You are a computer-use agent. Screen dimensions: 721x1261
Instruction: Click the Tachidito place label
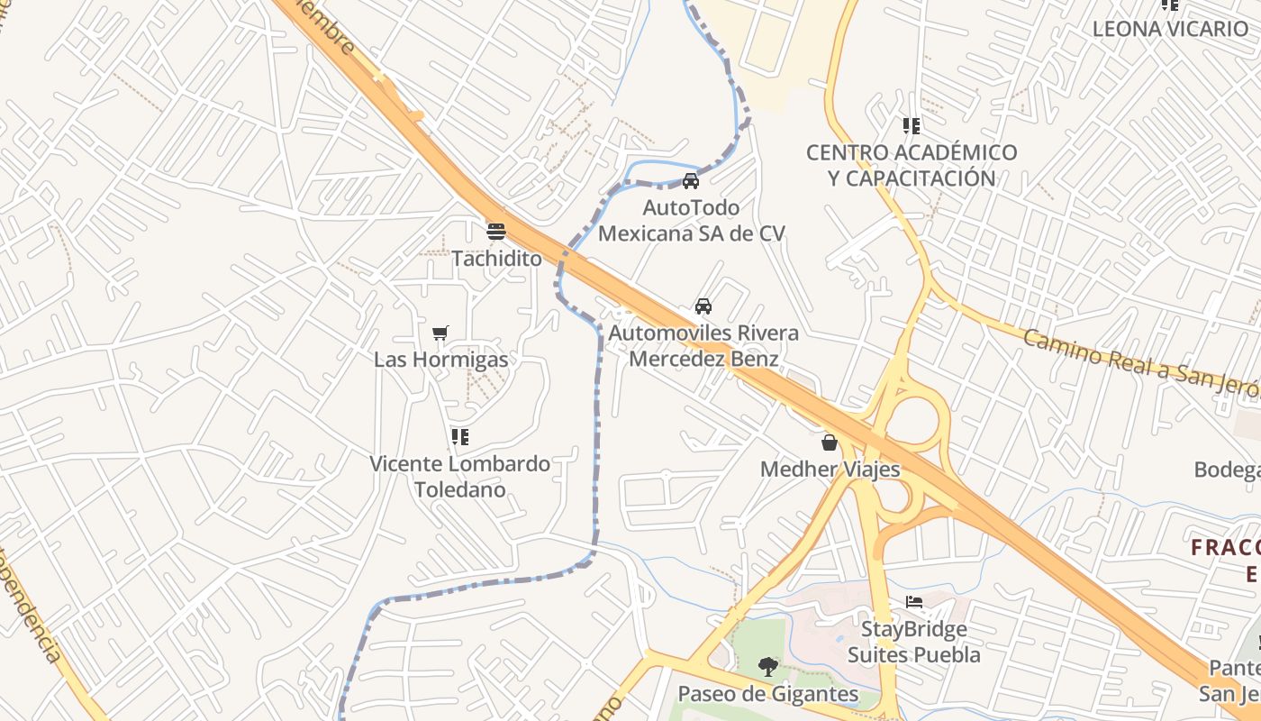click(x=496, y=259)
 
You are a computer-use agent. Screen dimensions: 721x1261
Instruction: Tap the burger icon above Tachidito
click(x=495, y=231)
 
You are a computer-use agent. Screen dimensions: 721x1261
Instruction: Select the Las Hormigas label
click(x=440, y=360)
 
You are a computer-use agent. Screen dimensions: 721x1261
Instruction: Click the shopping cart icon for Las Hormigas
click(x=440, y=333)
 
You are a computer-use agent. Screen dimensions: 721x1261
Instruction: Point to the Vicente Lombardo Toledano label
click(x=459, y=477)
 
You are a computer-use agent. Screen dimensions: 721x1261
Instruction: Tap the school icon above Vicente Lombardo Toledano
click(x=460, y=437)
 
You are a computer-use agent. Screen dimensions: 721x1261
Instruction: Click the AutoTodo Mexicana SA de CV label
click(x=691, y=221)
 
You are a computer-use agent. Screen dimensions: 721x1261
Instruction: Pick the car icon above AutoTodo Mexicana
click(x=691, y=180)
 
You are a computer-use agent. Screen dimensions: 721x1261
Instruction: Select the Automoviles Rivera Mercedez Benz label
click(x=703, y=346)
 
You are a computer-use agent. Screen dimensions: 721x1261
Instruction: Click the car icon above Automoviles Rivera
click(x=703, y=306)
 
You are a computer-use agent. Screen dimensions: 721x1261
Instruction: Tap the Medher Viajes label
click(x=830, y=470)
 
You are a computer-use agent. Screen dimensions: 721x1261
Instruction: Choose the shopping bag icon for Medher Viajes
click(x=830, y=443)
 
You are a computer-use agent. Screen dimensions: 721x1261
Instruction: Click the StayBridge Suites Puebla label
click(x=913, y=642)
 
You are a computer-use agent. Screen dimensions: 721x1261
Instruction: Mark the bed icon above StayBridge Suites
click(x=914, y=602)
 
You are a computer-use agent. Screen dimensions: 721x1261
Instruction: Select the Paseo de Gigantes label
click(x=767, y=694)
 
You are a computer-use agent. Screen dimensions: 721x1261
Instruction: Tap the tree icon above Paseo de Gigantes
click(x=767, y=667)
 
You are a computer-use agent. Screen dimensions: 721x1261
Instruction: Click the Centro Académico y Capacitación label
click(x=912, y=165)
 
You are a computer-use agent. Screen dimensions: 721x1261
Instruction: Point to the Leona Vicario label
click(x=1169, y=29)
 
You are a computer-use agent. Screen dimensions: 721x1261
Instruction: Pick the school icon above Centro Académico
click(x=912, y=126)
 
